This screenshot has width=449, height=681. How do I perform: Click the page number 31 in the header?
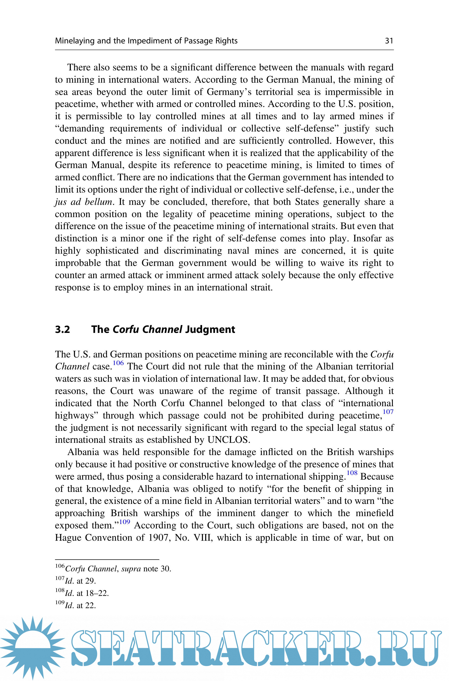[x=389, y=41]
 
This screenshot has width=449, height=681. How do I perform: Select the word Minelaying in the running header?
[x=75, y=41]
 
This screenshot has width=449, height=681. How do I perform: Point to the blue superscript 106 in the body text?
[x=118, y=363]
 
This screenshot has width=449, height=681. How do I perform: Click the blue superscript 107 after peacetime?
[x=388, y=412]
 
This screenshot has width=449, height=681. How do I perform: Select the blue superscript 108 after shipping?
[x=352, y=473]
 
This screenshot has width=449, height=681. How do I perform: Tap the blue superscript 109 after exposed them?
[x=125, y=522]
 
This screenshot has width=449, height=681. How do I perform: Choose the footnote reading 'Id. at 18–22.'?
[x=87, y=593]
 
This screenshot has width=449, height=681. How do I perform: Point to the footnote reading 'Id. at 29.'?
[x=80, y=581]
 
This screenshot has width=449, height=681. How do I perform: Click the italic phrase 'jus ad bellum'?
[x=83, y=202]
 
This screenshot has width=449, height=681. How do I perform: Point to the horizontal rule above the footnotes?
[x=107, y=559]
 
